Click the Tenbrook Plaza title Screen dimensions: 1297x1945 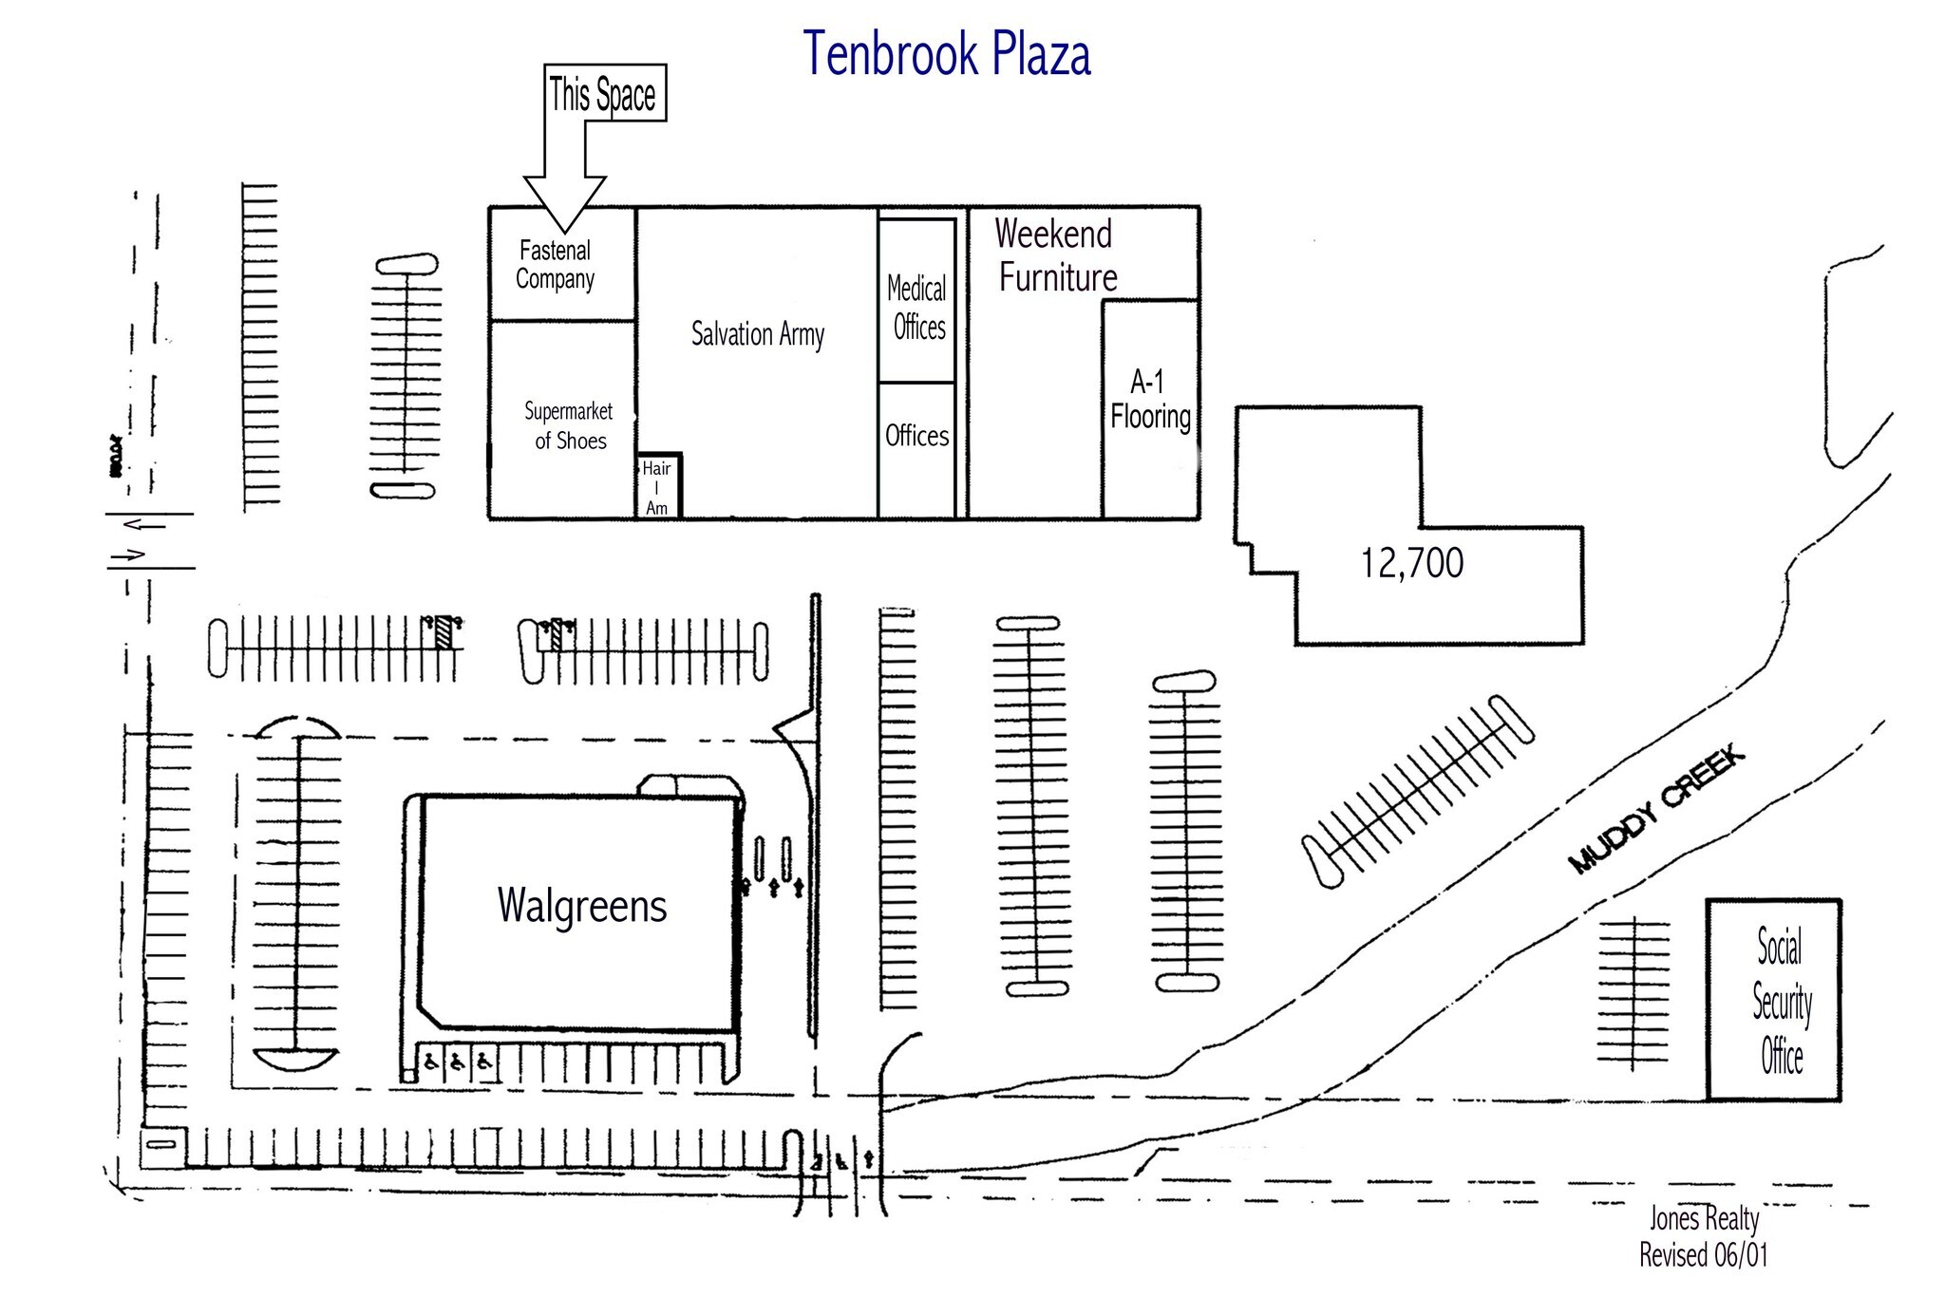[x=947, y=54]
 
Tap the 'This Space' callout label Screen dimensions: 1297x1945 [x=602, y=94]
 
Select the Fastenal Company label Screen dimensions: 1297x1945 [x=556, y=265]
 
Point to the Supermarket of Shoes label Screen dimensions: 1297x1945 [x=569, y=426]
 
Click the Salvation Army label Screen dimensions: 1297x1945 [x=757, y=334]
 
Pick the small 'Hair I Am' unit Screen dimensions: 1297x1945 [x=657, y=487]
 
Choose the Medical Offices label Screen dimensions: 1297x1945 [x=916, y=308]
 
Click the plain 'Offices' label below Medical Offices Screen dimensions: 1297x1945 [x=916, y=436]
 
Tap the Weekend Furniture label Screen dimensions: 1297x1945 [x=1055, y=255]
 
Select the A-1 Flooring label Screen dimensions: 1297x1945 [x=1149, y=400]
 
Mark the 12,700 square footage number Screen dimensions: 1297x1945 [x=1411, y=563]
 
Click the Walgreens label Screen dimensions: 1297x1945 [x=582, y=905]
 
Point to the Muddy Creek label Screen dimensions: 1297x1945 [x=1655, y=809]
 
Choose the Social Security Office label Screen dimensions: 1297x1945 [x=1781, y=1001]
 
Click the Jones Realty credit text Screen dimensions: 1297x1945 [x=1704, y=1218]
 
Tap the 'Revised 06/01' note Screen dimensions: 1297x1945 [x=1703, y=1255]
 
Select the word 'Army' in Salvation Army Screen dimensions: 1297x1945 [x=801, y=334]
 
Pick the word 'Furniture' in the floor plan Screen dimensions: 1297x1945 [x=1058, y=277]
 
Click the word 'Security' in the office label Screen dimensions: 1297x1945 [x=1782, y=1002]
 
